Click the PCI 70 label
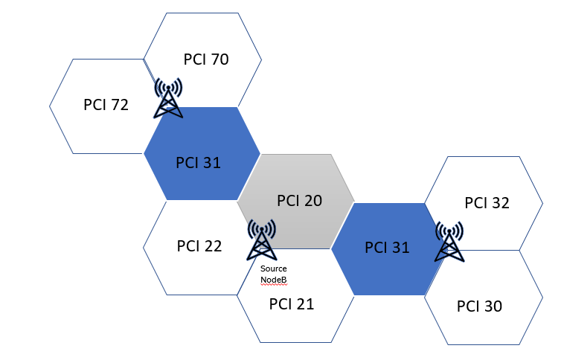click(205, 59)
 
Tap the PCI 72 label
click(106, 105)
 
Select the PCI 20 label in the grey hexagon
click(299, 201)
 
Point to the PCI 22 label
click(199, 246)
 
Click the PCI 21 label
click(292, 303)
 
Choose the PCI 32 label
click(487, 202)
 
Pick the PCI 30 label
click(479, 306)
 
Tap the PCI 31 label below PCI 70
click(198, 162)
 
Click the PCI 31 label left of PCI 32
click(387, 248)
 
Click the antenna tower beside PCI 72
click(168, 99)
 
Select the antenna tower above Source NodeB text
click(261, 239)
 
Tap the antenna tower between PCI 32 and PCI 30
click(449, 241)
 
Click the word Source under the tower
click(274, 269)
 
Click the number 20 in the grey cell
click(312, 201)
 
